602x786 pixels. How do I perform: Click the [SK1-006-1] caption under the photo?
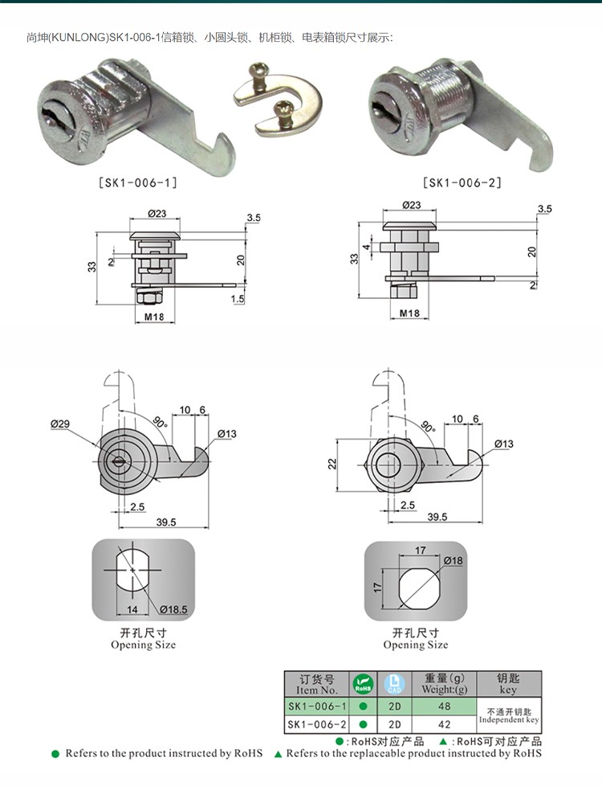coord(137,182)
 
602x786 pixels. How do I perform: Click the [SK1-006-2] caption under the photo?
coord(462,182)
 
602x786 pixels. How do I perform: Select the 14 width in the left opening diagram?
coord(132,610)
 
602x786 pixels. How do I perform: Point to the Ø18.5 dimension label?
coord(173,610)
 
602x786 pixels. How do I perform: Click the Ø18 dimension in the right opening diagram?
coord(453,560)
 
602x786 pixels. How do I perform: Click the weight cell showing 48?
coord(444,706)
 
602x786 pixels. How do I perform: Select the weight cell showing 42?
coord(444,724)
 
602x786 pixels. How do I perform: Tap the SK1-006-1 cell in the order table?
coord(317,706)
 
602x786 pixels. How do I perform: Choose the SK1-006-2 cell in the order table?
coord(317,724)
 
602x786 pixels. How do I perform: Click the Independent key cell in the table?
coord(508,715)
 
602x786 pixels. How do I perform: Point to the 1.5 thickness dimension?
coord(236,299)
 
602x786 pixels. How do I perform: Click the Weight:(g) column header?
coord(444,685)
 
